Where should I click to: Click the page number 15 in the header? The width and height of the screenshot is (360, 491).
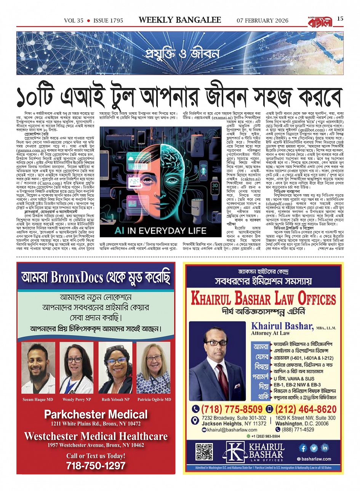tap(340, 19)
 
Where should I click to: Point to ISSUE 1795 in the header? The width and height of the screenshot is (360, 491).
tap(108, 21)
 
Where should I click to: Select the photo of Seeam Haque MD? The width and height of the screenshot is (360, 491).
tap(38, 368)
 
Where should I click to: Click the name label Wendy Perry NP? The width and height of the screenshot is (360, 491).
tap(77, 400)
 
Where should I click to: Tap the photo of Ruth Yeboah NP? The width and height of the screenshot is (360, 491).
tap(115, 368)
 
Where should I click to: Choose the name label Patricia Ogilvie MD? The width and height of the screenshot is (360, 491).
tap(154, 400)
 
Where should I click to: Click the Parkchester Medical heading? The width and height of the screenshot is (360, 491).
tap(96, 414)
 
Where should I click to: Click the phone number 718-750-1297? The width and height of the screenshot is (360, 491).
tap(96, 465)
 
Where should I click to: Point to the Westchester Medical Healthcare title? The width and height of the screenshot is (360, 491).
tap(96, 436)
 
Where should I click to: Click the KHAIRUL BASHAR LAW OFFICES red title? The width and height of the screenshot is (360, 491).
tap(263, 299)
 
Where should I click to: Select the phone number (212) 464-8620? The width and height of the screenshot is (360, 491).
tap(305, 409)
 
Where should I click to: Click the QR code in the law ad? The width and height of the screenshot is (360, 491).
tap(204, 452)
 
